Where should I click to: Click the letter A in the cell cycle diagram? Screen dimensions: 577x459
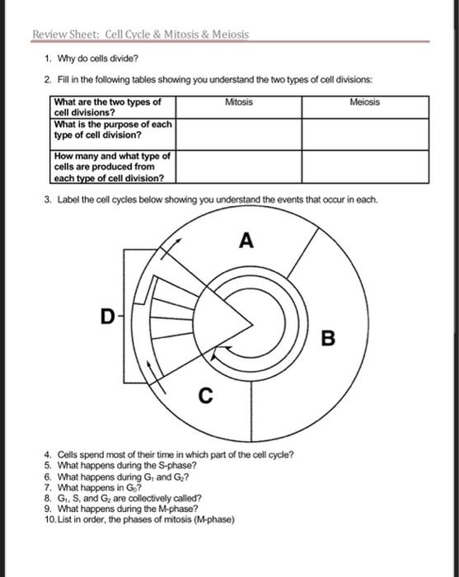click(x=246, y=241)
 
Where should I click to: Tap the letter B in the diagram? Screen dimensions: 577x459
click(x=329, y=338)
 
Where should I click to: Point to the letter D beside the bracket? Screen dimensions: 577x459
click(x=105, y=313)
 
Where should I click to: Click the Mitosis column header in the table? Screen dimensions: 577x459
click(x=238, y=102)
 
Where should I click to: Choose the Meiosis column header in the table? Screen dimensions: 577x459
click(x=365, y=102)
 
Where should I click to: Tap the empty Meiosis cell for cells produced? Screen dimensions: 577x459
click(x=365, y=166)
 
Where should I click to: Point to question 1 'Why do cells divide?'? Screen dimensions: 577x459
click(x=97, y=60)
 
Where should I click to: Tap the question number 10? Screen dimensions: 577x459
click(x=50, y=520)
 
